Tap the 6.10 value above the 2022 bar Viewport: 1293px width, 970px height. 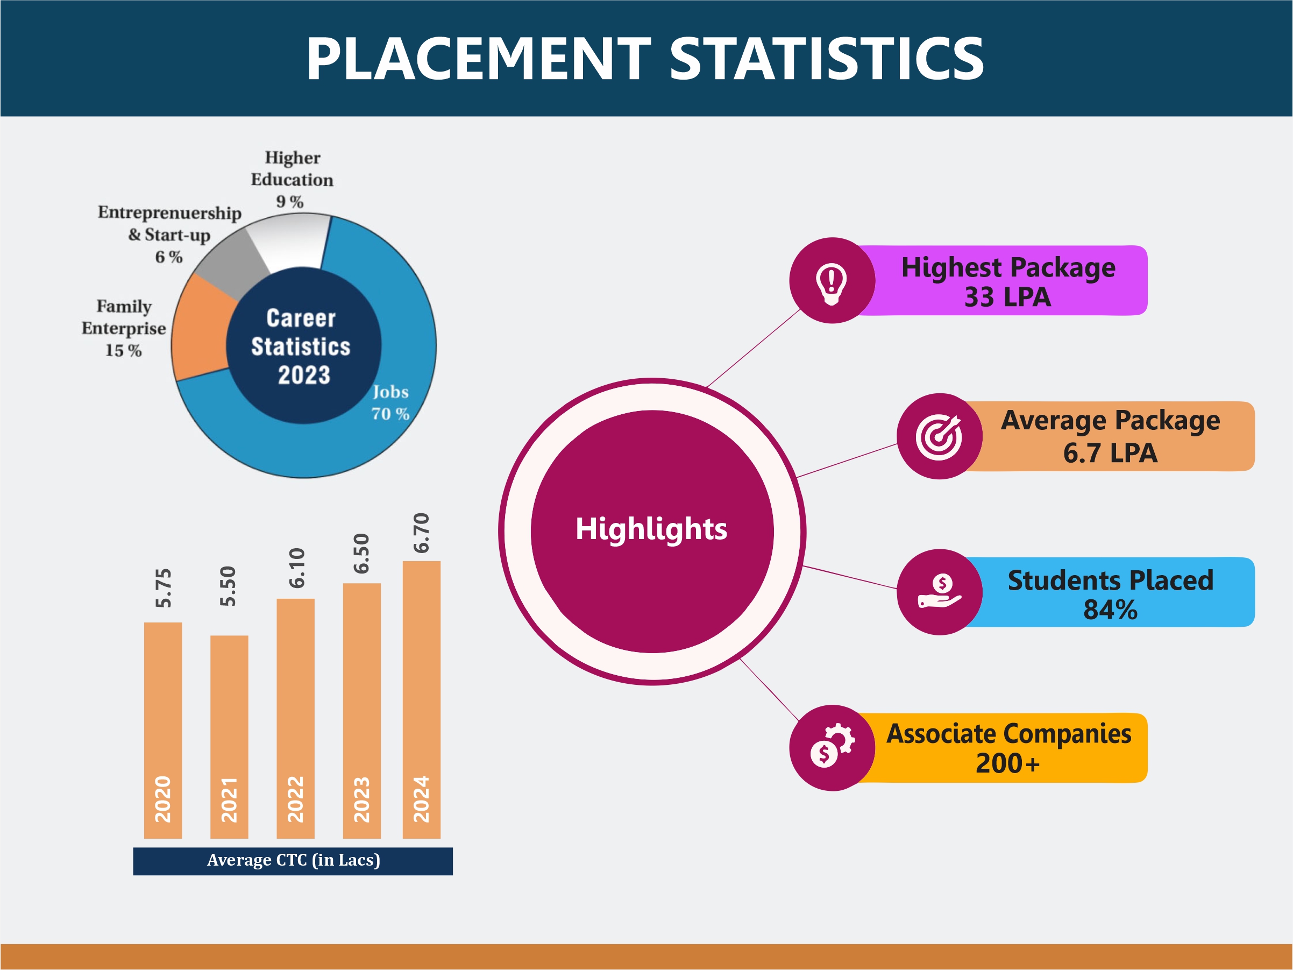pos(297,568)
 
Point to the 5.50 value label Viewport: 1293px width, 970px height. pos(228,586)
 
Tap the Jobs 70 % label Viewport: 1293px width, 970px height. pos(390,403)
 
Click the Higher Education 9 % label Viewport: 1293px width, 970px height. pos(292,180)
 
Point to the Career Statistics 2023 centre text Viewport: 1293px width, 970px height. pos(302,346)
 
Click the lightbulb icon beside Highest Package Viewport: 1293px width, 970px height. pos(831,281)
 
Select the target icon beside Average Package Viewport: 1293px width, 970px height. pos(939,437)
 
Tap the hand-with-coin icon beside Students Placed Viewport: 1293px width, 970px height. pos(939,592)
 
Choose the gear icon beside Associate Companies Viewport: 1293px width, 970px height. pos(832,748)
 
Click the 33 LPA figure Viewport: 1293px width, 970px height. pos(1007,297)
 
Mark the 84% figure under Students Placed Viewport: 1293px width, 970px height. pos(1110,610)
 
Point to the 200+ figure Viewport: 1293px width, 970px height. pos(1007,763)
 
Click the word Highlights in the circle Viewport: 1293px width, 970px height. pos(651,529)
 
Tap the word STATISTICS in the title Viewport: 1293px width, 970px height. pos(827,59)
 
